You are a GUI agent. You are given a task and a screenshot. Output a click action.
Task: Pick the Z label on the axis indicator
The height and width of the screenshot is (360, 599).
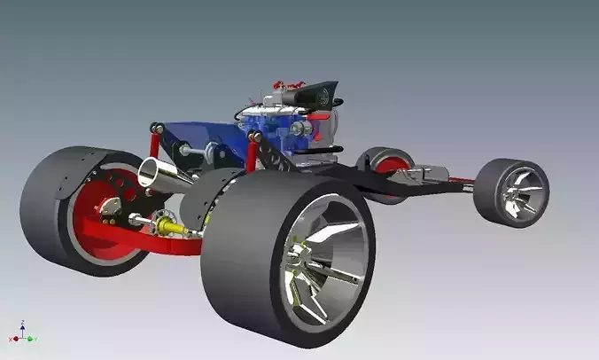[x=22, y=324]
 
